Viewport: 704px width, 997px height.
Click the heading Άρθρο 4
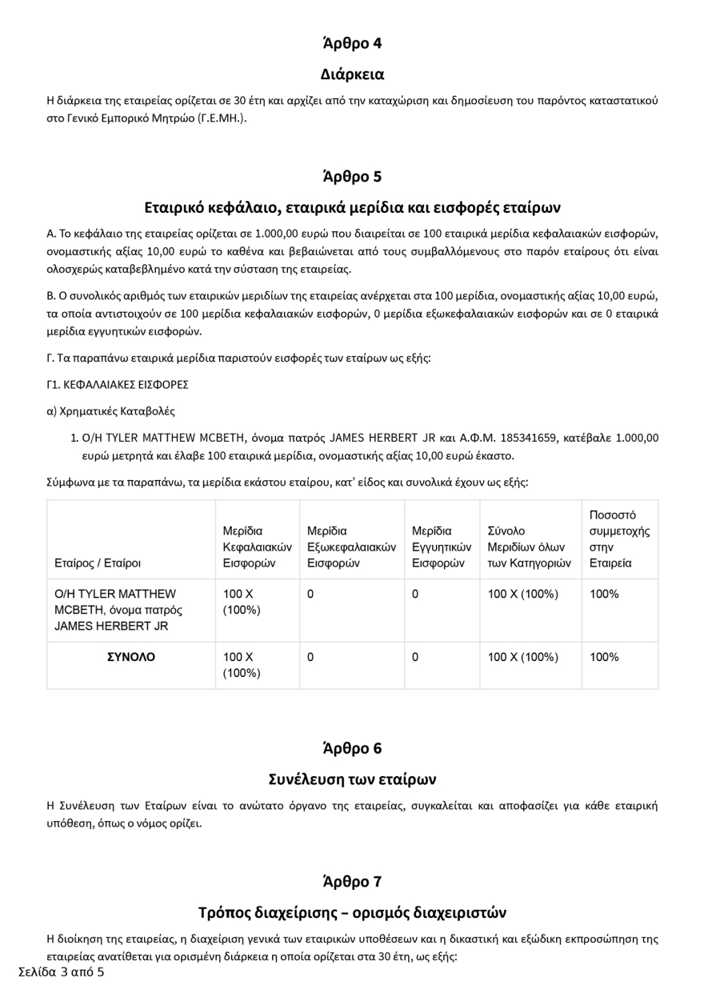pyautogui.click(x=352, y=43)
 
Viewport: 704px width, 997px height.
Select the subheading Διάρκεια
pyautogui.click(x=352, y=74)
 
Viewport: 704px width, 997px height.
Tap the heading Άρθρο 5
pyautogui.click(x=352, y=176)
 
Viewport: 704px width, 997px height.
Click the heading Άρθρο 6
pyautogui.click(x=352, y=748)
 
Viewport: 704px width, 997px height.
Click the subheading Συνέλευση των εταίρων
pyautogui.click(x=352, y=779)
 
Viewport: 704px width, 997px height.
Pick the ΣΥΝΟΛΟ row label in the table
pyautogui.click(x=131, y=657)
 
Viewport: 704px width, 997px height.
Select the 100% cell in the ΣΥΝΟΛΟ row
pyautogui.click(x=604, y=657)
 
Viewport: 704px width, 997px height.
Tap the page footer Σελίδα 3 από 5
pyautogui.click(x=61, y=972)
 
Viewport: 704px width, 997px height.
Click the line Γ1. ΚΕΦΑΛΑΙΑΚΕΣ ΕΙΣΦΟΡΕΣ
pyautogui.click(x=118, y=384)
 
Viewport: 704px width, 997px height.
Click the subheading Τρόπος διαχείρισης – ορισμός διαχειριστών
pyautogui.click(x=352, y=912)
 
